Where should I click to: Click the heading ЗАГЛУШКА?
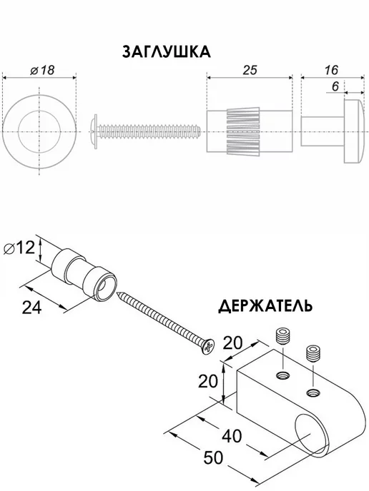tap(167, 52)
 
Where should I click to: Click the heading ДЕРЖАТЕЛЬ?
tap(265, 306)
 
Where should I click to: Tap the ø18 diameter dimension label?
tap(42, 70)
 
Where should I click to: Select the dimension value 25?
tap(250, 70)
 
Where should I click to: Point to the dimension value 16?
tap(330, 70)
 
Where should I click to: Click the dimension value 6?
tap(335, 86)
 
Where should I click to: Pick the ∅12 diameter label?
tap(19, 248)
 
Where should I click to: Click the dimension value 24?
tap(31, 308)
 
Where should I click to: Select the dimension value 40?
tap(232, 436)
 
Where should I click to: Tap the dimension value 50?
tap(213, 457)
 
